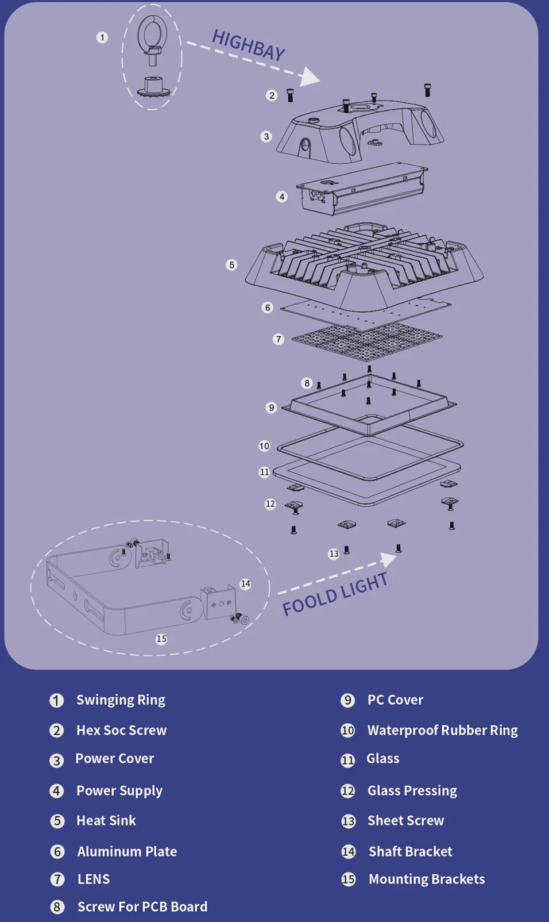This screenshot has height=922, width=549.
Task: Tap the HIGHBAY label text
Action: pyautogui.click(x=248, y=45)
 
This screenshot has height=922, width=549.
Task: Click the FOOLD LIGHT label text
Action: pyautogui.click(x=335, y=594)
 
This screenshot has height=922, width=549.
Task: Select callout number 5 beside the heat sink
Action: pyautogui.click(x=231, y=265)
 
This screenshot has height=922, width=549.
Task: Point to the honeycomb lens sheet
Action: pyautogui.click(x=366, y=340)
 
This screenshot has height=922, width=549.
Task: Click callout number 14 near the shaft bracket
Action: pyautogui.click(x=246, y=583)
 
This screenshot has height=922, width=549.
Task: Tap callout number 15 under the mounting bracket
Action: pyautogui.click(x=161, y=639)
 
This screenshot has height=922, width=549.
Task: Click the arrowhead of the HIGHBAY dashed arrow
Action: pyautogui.click(x=311, y=76)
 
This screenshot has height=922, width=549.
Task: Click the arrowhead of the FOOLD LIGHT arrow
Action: pyautogui.click(x=389, y=558)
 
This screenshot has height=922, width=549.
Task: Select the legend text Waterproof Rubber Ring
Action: pyautogui.click(x=442, y=730)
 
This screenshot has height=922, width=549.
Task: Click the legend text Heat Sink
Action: pyautogui.click(x=106, y=820)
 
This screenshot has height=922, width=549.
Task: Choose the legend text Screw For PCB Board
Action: pyautogui.click(x=142, y=906)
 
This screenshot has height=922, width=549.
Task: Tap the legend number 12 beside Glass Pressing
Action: pyautogui.click(x=348, y=791)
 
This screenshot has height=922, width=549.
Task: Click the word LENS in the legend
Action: pyautogui.click(x=94, y=879)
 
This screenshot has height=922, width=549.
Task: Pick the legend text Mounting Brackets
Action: pyautogui.click(x=426, y=879)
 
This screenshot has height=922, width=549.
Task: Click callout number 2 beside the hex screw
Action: pyautogui.click(x=272, y=95)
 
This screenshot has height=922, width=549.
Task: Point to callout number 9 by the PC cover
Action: pyautogui.click(x=272, y=408)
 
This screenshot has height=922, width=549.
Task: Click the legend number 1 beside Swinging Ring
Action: pyautogui.click(x=56, y=700)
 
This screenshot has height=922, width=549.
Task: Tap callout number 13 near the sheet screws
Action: pyautogui.click(x=334, y=554)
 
